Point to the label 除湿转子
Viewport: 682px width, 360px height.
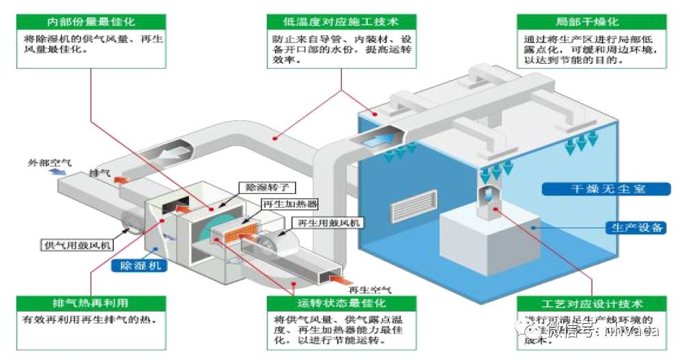click(x=261, y=186)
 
